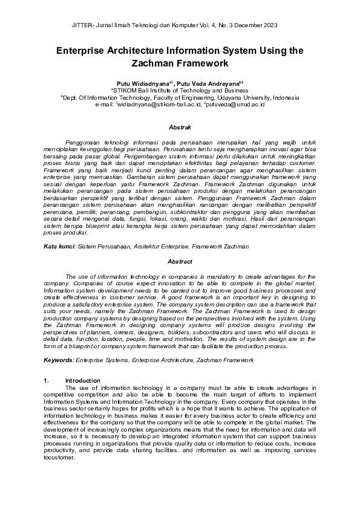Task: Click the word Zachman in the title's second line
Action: tap(154, 63)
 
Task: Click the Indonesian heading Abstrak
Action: tap(180, 128)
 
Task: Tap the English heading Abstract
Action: tap(180, 262)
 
